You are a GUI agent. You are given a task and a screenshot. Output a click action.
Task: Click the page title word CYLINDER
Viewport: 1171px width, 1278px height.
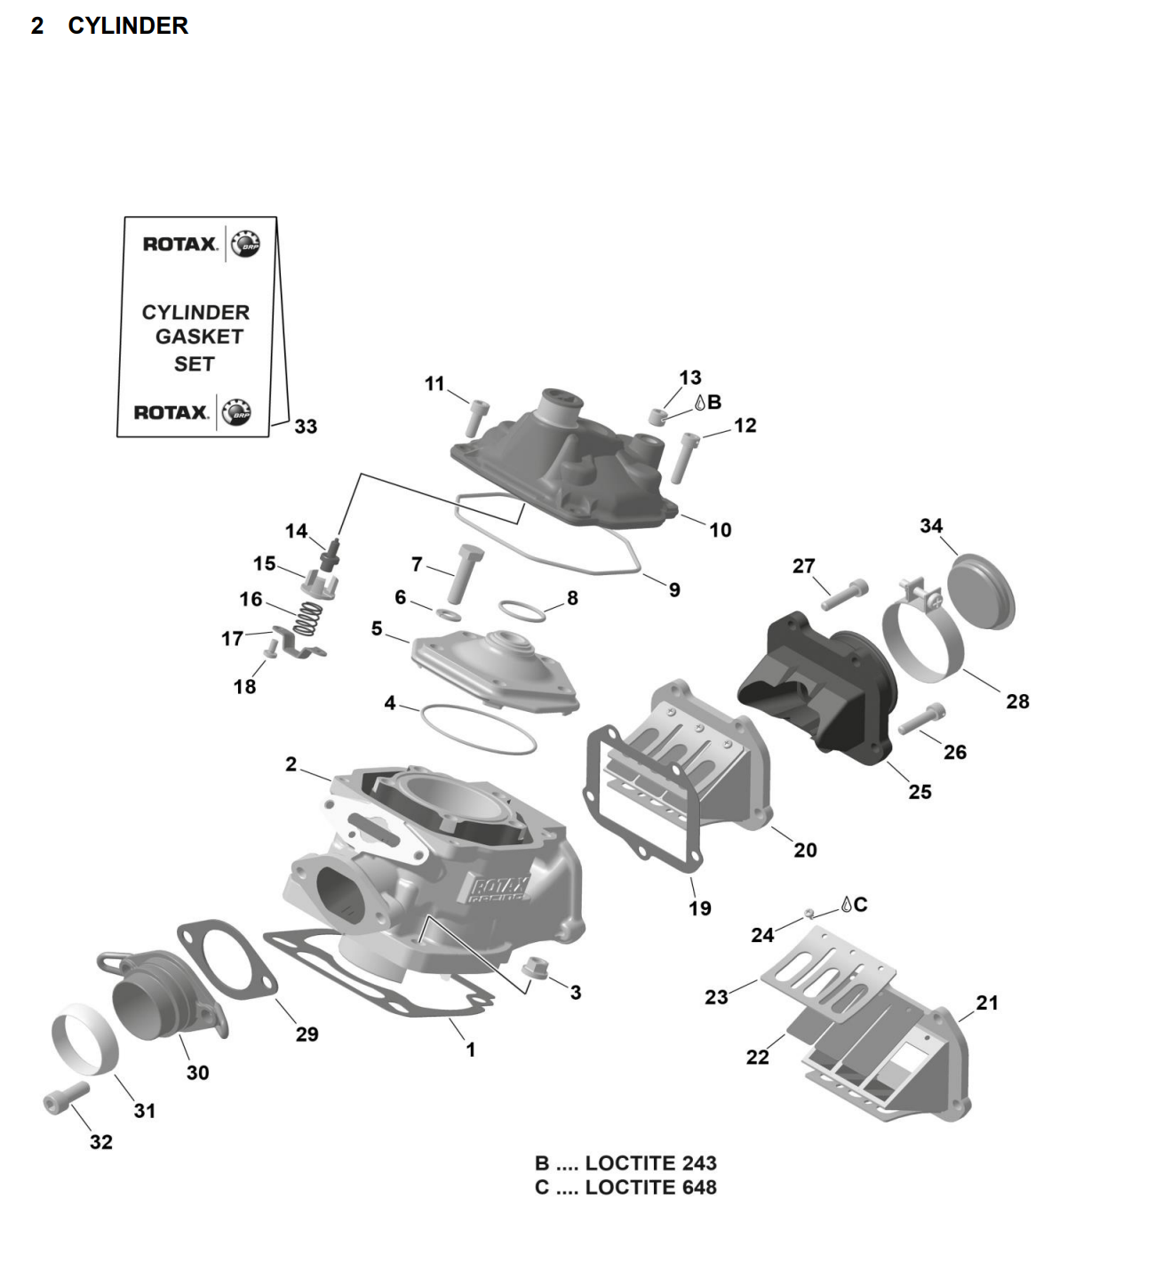128,26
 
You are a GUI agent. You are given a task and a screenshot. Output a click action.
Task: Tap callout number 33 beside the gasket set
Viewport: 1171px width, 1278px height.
306,427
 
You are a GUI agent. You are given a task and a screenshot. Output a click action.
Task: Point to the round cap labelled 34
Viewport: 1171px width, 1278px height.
981,591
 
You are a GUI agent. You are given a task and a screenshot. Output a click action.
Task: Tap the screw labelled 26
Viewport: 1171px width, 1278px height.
921,718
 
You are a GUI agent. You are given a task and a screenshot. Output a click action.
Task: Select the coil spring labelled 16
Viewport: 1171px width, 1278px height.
307,618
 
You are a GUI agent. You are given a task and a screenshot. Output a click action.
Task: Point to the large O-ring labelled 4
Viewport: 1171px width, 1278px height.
477,728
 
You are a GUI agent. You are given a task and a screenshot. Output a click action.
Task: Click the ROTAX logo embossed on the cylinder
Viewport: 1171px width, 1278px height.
498,888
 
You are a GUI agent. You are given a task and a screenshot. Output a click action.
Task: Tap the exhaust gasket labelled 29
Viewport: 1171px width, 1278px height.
227,960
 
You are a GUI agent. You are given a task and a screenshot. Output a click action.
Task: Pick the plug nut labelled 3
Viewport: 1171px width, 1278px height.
534,968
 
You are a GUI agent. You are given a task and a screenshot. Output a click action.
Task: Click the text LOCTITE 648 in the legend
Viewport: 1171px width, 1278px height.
650,1187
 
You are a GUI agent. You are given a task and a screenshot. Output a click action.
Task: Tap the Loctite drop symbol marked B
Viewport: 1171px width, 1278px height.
700,403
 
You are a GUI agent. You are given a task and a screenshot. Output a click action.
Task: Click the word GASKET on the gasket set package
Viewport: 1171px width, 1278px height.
199,337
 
